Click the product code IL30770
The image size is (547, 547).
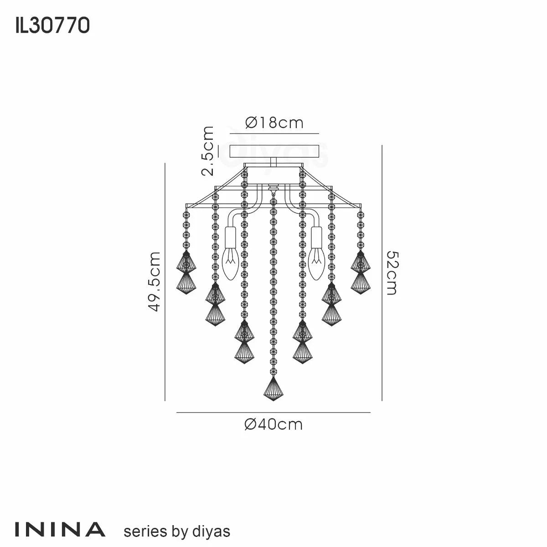click(52, 26)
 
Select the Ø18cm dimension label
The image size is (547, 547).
click(273, 123)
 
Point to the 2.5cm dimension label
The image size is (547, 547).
click(207, 151)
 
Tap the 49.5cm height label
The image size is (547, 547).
click(155, 281)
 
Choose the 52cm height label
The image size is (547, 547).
click(392, 273)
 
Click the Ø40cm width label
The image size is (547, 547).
click(273, 424)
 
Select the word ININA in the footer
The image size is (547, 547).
click(61, 529)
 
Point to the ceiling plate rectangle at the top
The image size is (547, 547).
click(273, 151)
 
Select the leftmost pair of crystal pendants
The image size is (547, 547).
click(186, 273)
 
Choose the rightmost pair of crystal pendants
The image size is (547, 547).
click(360, 273)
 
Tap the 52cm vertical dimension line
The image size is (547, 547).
click(382, 273)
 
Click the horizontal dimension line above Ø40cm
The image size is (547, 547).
click(273, 413)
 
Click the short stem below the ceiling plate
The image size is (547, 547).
click(273, 162)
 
